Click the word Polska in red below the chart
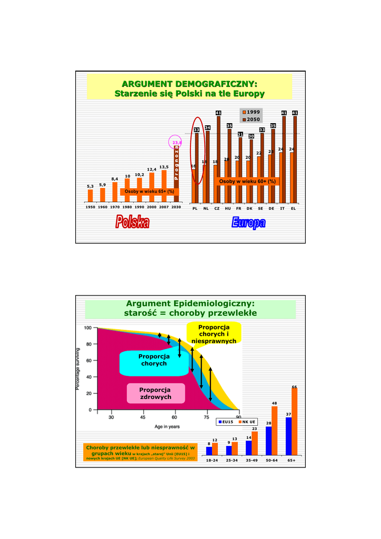point(133,223)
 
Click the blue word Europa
point(248,223)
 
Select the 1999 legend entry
point(251,112)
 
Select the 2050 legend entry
point(251,119)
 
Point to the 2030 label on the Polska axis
point(176,207)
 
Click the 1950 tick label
point(90,207)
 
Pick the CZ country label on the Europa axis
point(217,208)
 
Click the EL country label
point(294,208)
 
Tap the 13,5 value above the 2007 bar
point(164,167)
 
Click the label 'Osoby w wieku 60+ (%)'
point(246,182)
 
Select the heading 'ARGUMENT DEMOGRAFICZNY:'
point(189,84)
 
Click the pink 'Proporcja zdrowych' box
point(156,393)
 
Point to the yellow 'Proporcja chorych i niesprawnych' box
point(214,335)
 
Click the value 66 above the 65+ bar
point(295,387)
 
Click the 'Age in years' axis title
point(167,426)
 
